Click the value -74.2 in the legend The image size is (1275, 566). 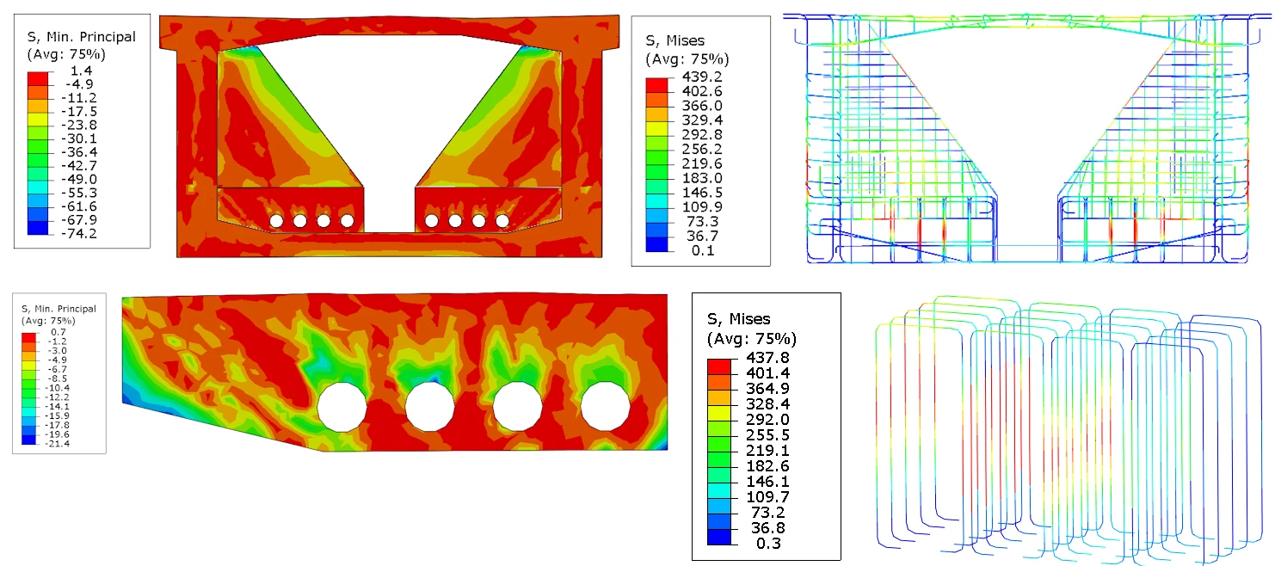(79, 234)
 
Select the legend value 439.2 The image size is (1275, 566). (702, 77)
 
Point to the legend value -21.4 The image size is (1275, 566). (58, 444)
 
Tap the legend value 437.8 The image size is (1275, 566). (768, 358)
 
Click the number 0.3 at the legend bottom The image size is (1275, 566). (768, 544)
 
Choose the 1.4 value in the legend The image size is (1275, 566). (81, 71)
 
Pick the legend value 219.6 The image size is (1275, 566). (702, 163)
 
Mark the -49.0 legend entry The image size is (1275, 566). (79, 179)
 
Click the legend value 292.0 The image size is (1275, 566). (768, 420)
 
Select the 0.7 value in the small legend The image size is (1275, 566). (59, 332)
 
